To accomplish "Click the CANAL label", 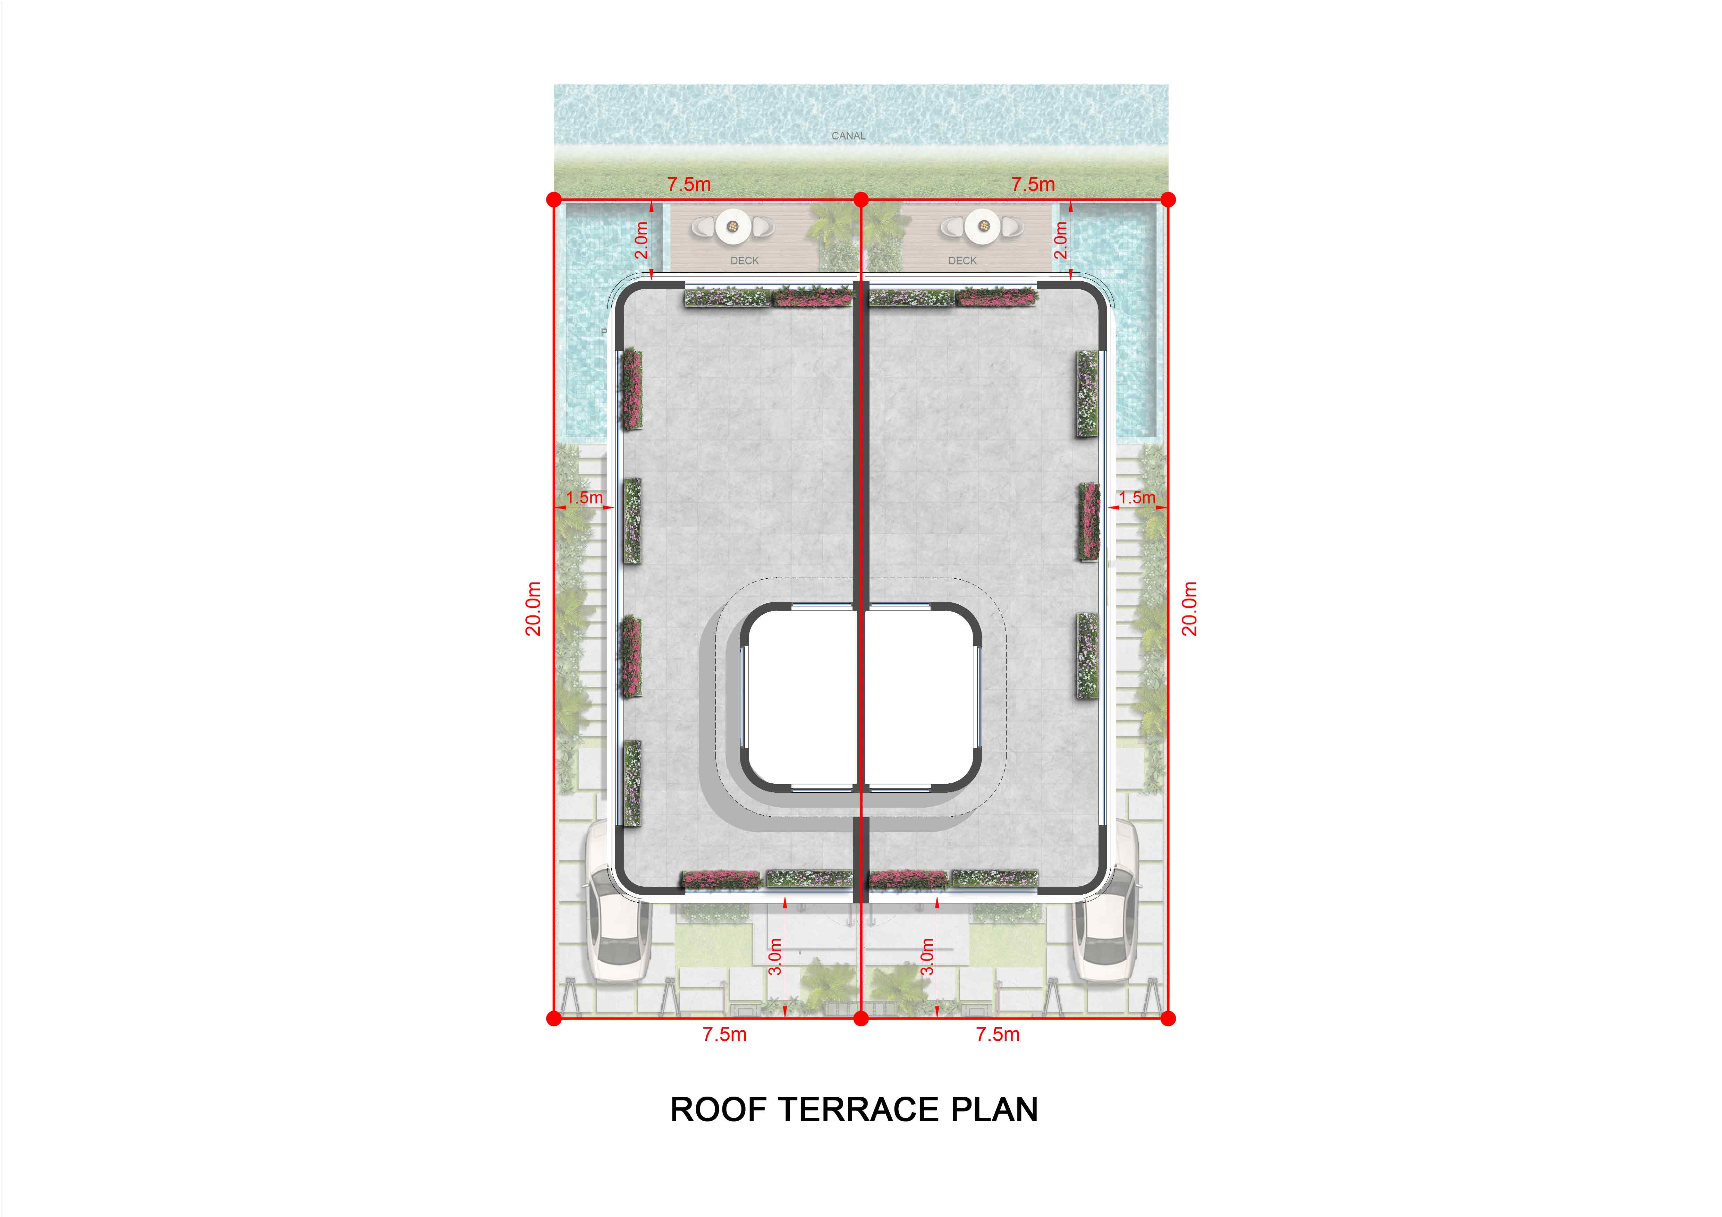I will click(x=848, y=136).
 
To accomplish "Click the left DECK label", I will click(x=745, y=261).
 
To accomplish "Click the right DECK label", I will click(x=962, y=261).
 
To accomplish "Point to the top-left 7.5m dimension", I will click(x=689, y=185).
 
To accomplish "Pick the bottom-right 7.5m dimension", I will click(x=998, y=1035).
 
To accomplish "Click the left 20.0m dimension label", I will click(x=533, y=609).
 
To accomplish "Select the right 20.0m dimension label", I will click(x=1190, y=609).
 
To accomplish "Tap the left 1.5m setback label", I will click(x=584, y=498).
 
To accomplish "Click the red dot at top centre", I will click(x=861, y=199).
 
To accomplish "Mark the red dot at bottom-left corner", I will click(x=554, y=1018).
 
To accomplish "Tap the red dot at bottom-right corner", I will click(x=1168, y=1018).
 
